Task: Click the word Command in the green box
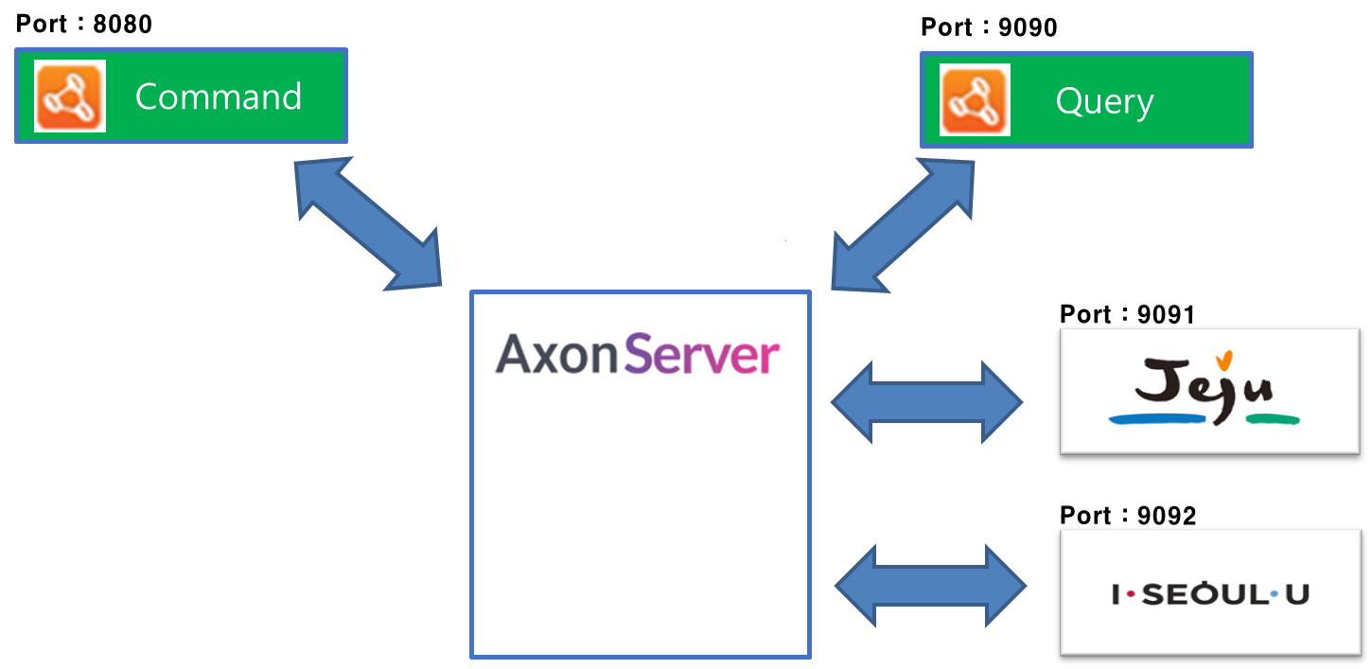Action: [x=219, y=97]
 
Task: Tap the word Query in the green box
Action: [x=1104, y=101]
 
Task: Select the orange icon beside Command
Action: [x=70, y=97]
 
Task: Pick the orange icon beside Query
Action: [x=975, y=100]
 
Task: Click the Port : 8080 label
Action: [x=84, y=24]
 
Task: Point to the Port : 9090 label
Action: [x=989, y=27]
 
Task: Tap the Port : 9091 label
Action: [x=1127, y=314]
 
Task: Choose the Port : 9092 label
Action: [x=1128, y=516]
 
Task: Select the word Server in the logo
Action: [x=702, y=355]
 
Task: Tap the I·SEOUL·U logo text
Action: [x=1210, y=594]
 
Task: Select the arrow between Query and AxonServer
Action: [x=904, y=224]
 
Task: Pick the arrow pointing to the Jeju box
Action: [x=926, y=402]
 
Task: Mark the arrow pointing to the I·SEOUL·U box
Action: [x=930, y=586]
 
